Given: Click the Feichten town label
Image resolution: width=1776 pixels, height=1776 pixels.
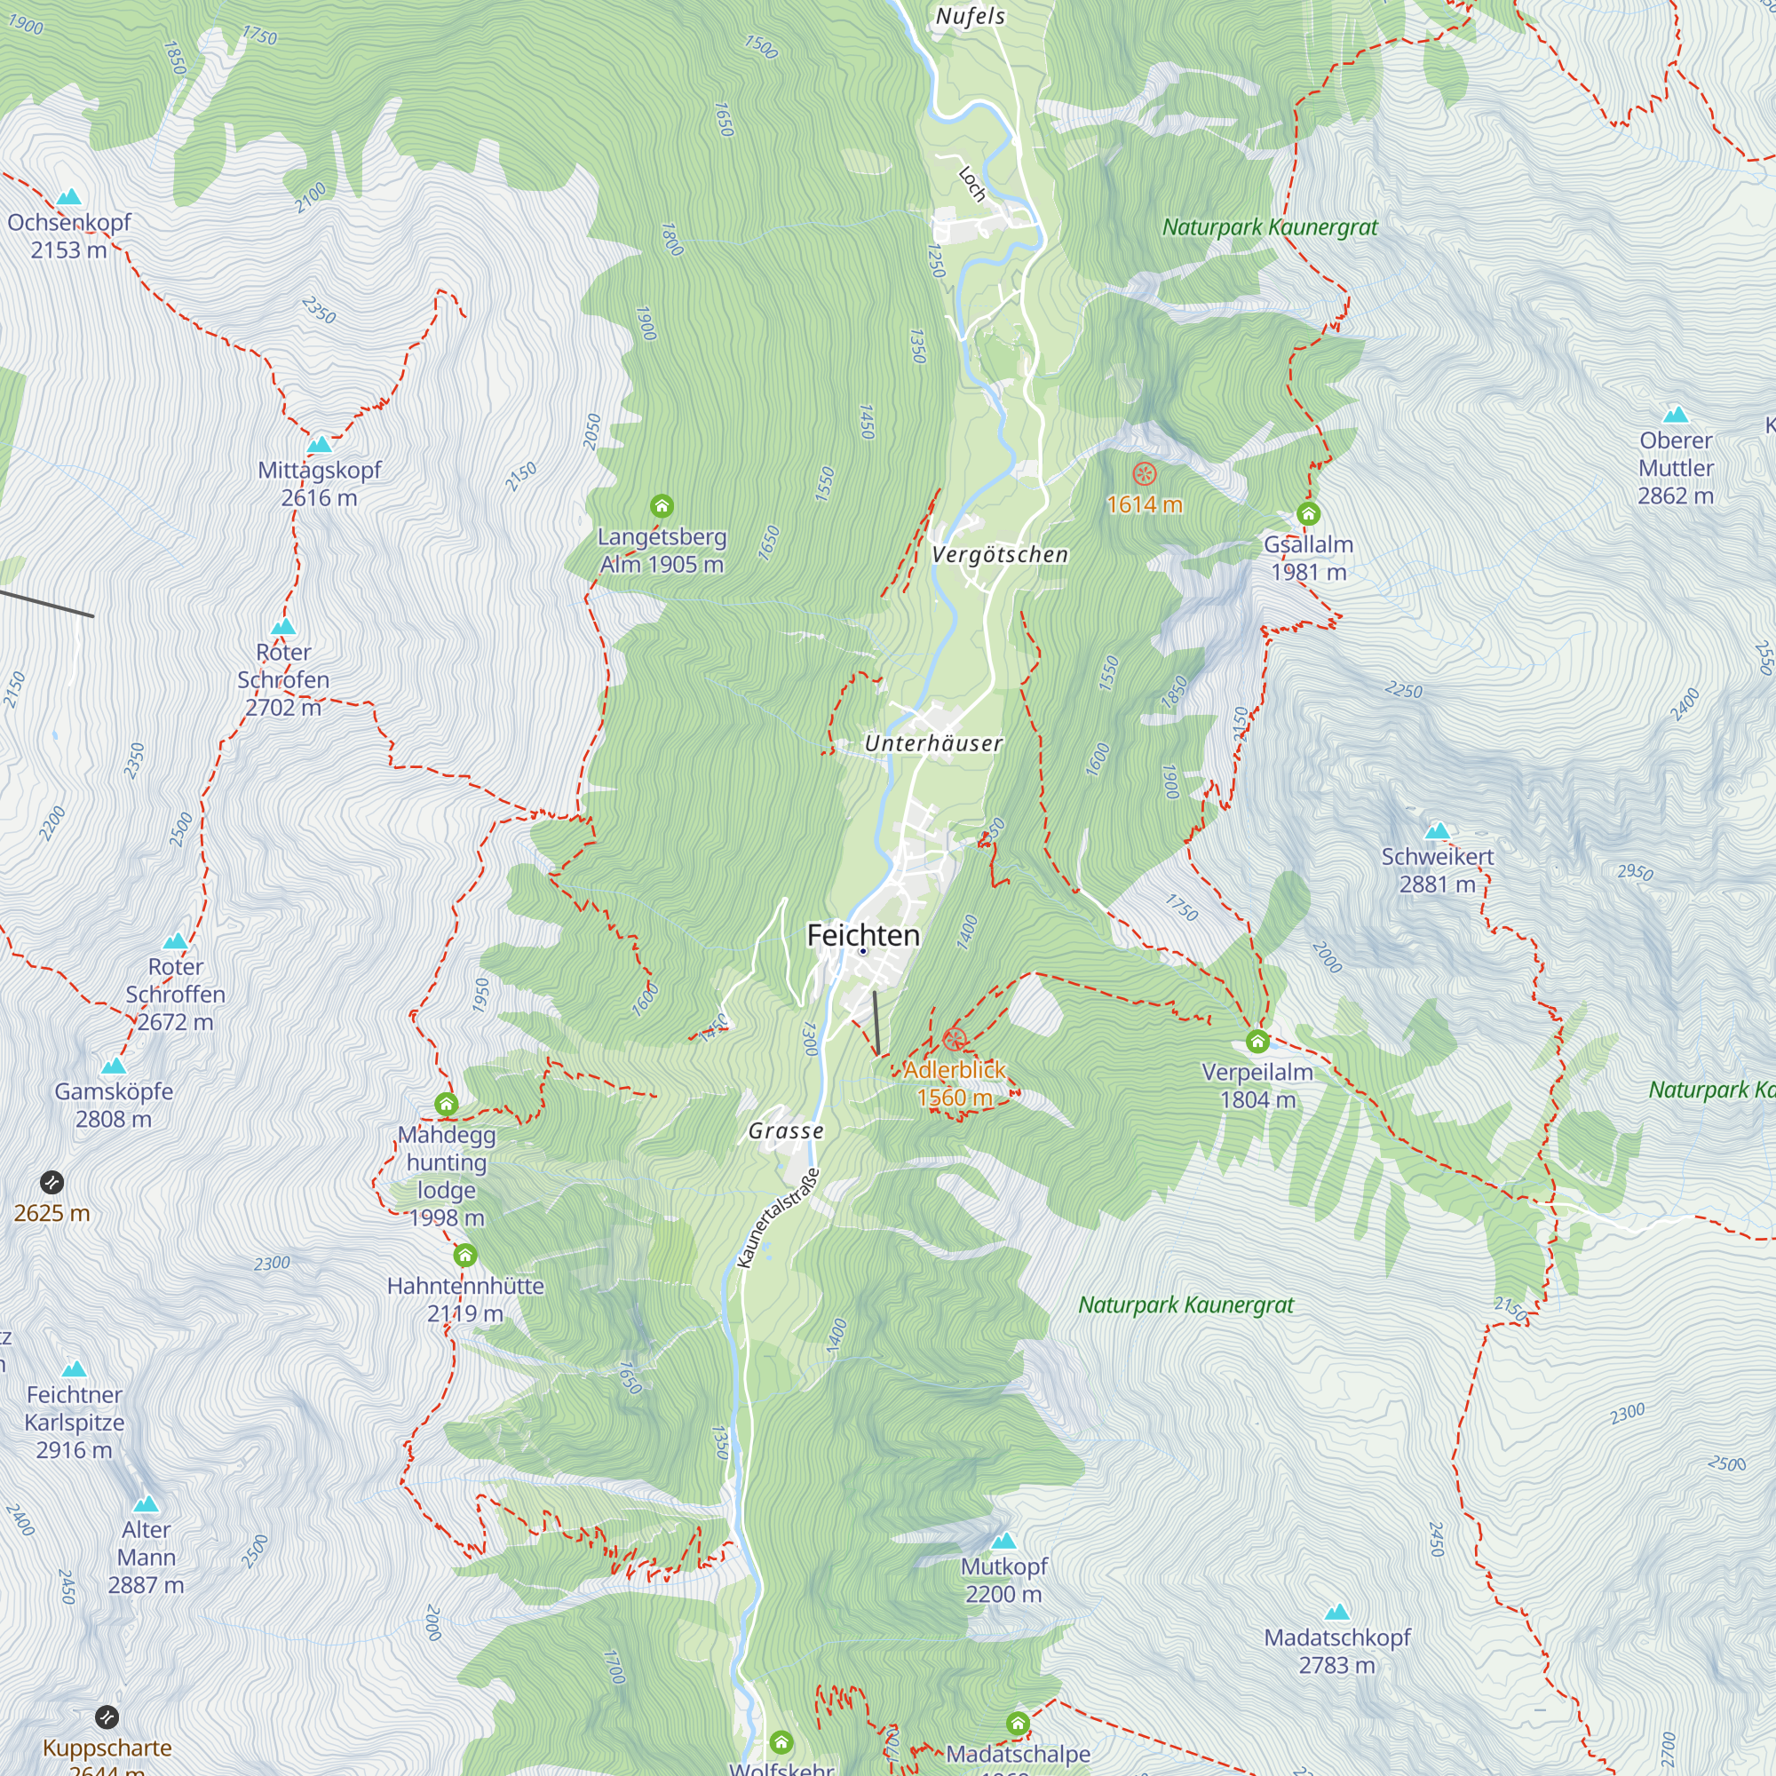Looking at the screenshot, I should pos(862,935).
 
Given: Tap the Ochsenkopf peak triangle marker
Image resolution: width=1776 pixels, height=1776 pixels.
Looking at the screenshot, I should pos(69,197).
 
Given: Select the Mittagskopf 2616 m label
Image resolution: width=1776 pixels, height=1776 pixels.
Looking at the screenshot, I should pos(319,484).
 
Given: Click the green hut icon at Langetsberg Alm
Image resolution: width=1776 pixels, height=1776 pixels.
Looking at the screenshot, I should pos(661,505).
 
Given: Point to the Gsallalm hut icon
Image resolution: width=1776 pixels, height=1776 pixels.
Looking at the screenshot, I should pos(1308,513).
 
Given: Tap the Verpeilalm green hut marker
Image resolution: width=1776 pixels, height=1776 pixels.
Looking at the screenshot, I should pos(1257,1042).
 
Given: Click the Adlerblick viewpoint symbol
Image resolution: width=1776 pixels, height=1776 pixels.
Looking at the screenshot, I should pos(955,1040).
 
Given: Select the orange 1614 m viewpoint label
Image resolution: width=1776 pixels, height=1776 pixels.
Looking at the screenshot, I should pos(1144,504).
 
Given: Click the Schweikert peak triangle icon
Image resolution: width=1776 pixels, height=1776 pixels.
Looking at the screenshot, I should pos(1436,831).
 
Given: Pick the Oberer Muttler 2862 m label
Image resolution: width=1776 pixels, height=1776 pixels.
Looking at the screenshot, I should pos(1675,468).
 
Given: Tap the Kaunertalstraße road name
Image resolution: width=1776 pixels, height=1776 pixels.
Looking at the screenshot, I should pos(778,1218).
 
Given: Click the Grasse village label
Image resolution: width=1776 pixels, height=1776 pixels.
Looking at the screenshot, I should pos(785,1130).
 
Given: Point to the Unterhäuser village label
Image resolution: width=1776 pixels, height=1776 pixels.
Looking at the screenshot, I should pos(933,742).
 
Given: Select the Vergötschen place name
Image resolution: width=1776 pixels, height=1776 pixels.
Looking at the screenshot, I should pos(999,554).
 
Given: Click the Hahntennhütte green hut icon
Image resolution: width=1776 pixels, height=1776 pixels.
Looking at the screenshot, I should pos(465,1255).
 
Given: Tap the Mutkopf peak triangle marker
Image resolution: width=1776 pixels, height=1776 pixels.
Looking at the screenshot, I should pos(1003,1541).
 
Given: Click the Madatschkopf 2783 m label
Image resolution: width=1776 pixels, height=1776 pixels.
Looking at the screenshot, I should pos(1336,1651).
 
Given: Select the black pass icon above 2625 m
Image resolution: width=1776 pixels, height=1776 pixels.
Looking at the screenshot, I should pos(52,1182).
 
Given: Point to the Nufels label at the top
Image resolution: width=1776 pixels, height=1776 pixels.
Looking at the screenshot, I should pos(970,16).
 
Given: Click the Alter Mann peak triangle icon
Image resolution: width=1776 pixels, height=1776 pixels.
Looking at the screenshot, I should pos(146,1504).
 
